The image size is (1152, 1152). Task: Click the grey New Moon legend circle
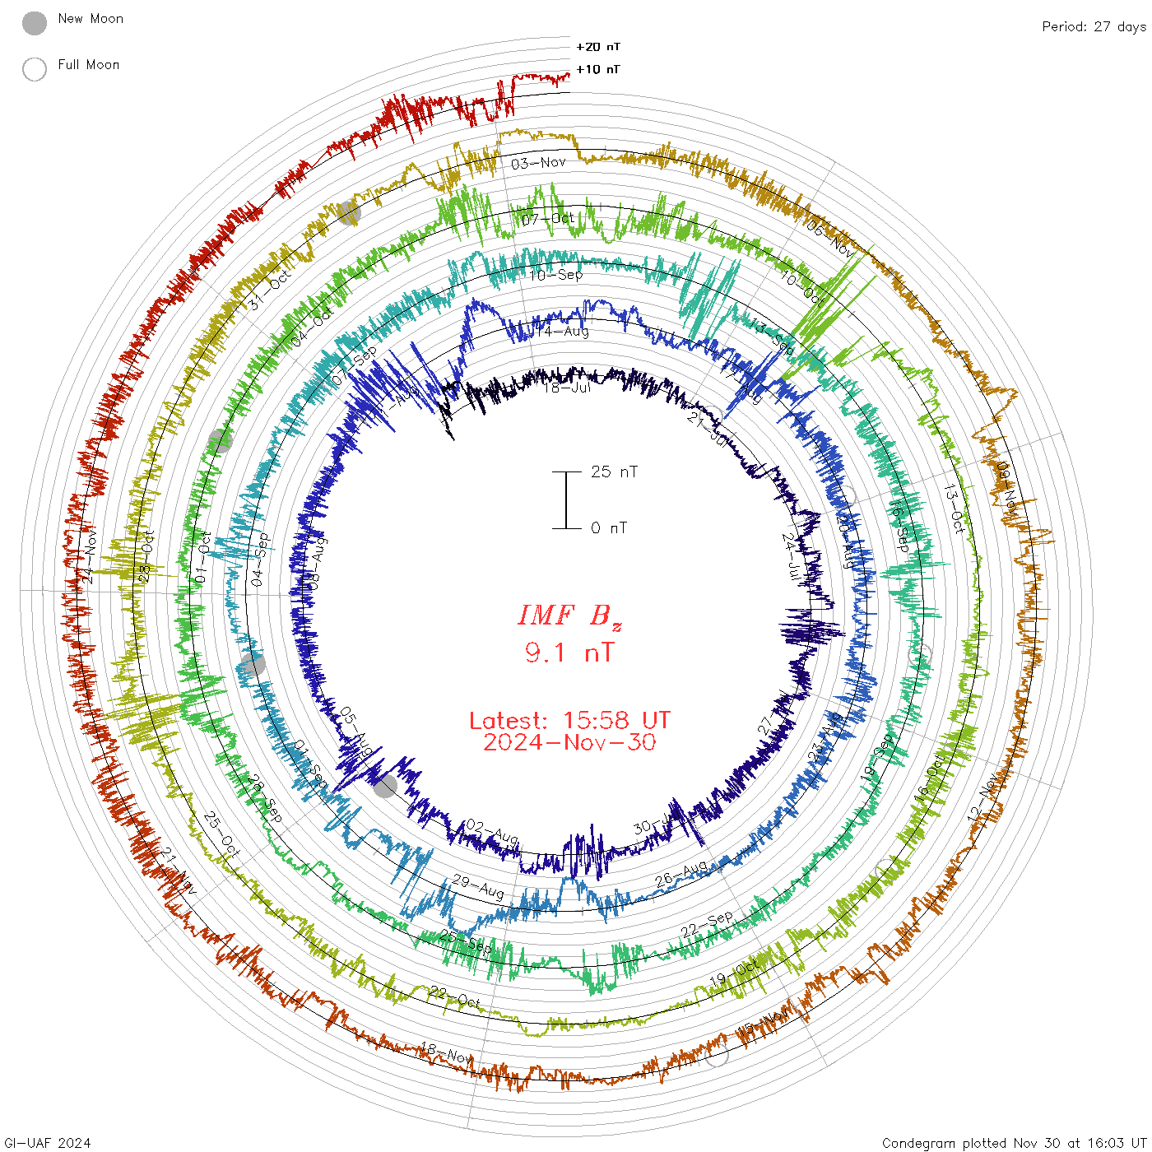[x=35, y=24]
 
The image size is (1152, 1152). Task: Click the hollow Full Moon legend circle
[x=35, y=69]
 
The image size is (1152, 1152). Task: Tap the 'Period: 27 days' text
[x=1094, y=27]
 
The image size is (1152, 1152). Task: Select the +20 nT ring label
[x=598, y=47]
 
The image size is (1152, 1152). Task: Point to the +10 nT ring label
[x=598, y=69]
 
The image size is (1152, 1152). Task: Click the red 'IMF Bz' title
[x=569, y=616]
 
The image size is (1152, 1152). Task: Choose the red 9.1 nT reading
[x=569, y=653]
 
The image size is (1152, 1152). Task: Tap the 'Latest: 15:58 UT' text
[x=569, y=721]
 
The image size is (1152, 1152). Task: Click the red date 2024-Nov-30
[x=569, y=743]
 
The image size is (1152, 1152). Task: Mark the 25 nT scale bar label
[x=614, y=472]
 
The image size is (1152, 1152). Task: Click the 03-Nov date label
[x=538, y=163]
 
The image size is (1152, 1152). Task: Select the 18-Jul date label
[x=567, y=387]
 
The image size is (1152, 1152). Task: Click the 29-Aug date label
[x=478, y=886]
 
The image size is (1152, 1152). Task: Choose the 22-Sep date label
[x=707, y=925]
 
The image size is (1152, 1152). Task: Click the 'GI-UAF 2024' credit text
[x=47, y=1143]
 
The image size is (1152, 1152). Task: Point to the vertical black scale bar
[x=566, y=500]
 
